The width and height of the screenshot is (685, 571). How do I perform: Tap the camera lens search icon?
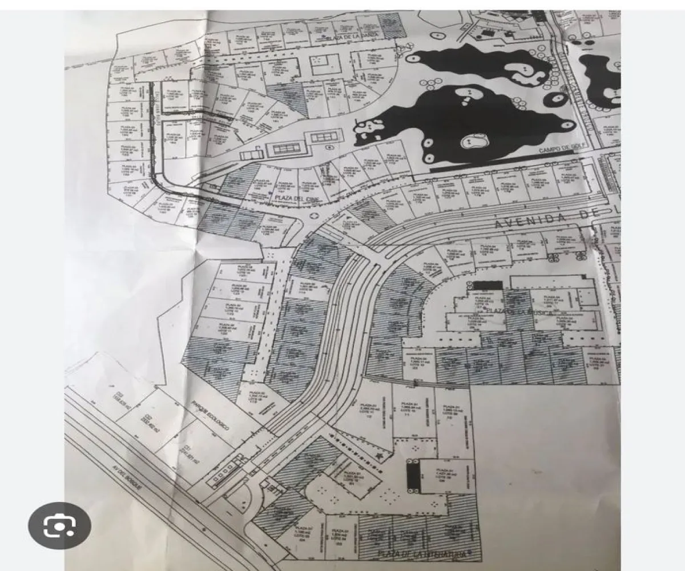click(59, 525)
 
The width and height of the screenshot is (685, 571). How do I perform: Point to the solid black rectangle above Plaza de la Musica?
click(487, 285)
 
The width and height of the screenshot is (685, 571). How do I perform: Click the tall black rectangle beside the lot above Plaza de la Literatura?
click(412, 476)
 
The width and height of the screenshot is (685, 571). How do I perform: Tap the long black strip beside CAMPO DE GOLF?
click(485, 164)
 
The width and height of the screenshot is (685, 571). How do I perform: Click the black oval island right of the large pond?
click(554, 100)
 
